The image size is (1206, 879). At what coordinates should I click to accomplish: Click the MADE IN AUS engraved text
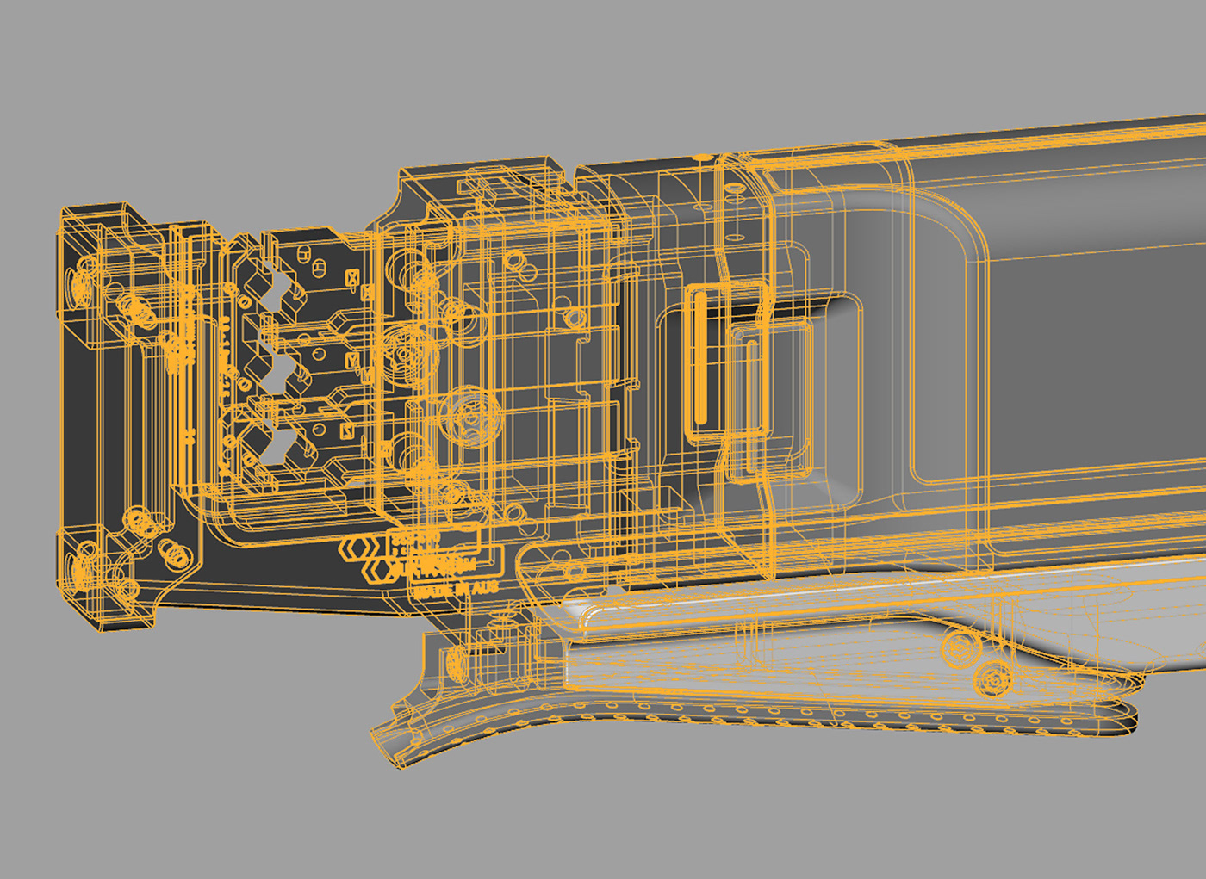[456, 591]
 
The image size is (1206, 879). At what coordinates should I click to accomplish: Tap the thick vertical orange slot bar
[700, 358]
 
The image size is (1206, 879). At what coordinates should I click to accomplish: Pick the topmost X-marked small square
[351, 278]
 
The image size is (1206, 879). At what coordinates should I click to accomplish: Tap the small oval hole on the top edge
[703, 158]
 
